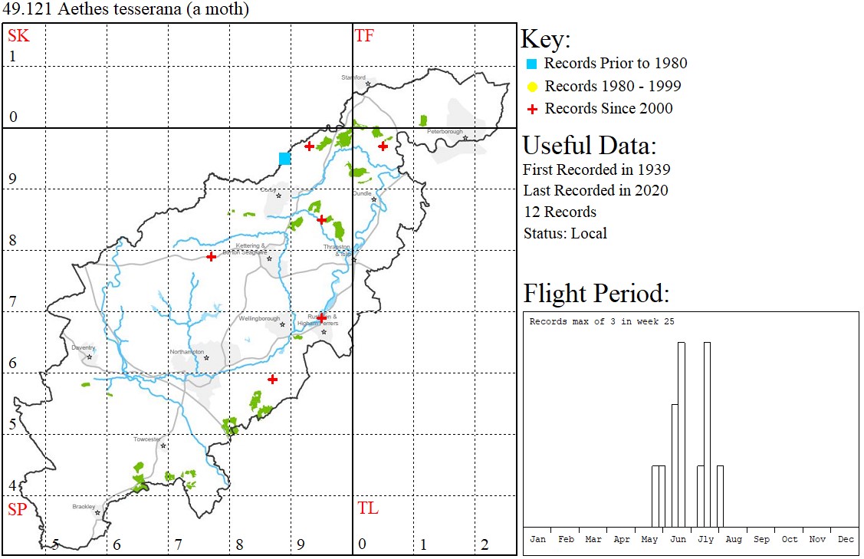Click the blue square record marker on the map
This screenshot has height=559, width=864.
[x=285, y=159]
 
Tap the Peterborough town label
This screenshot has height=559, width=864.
[x=445, y=131]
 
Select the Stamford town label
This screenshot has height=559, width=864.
[x=353, y=77]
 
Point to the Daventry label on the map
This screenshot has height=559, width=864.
[x=83, y=347]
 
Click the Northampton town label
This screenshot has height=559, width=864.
[x=187, y=351]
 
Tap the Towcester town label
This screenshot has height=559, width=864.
[x=146, y=439]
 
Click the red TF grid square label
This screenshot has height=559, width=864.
[x=364, y=35]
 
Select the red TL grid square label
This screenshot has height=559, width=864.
[x=367, y=508]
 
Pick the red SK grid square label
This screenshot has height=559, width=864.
[x=18, y=35]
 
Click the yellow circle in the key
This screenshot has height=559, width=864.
[x=532, y=87]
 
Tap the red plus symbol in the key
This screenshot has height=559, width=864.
[x=532, y=109]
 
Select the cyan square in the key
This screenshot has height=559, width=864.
[x=532, y=64]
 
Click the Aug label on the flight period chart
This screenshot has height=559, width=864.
[x=734, y=539]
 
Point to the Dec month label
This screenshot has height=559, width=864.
[x=846, y=539]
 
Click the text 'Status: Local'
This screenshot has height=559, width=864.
[x=564, y=233]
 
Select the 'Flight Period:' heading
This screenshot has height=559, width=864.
[x=596, y=293]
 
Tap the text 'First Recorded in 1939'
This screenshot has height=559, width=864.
[x=596, y=169]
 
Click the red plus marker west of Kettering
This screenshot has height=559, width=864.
[x=211, y=256]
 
